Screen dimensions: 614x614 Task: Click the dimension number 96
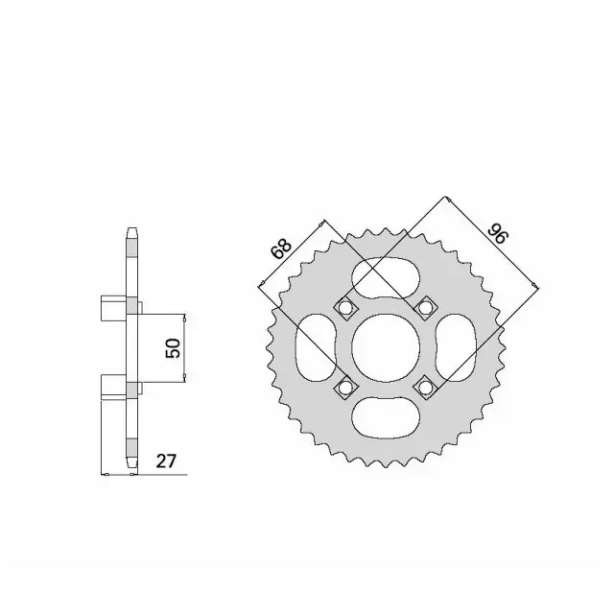497,234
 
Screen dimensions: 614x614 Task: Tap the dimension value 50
173,347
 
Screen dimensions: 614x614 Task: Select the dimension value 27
166,460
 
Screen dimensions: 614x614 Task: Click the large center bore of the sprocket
386,347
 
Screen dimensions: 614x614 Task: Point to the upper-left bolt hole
345,308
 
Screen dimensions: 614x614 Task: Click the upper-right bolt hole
424,308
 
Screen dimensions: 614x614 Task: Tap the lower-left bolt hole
345,388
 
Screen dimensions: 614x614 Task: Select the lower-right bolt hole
424,388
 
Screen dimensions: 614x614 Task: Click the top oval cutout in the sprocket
386,277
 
